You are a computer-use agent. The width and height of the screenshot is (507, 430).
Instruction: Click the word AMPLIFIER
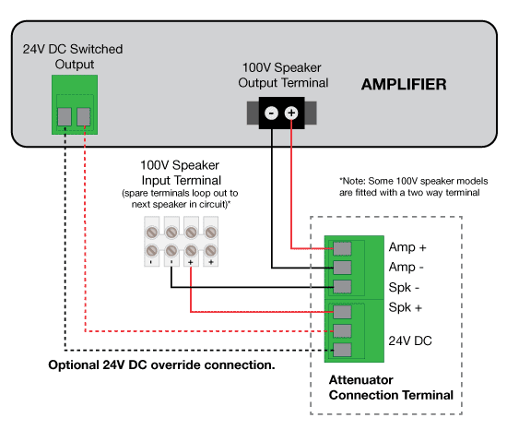pos(404,85)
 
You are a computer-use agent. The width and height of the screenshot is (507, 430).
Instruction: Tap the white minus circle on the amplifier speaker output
pos(271,113)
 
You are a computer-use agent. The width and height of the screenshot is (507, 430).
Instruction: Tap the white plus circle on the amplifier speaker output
pos(291,113)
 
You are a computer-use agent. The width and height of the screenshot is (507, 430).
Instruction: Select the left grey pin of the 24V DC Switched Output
pos(65,116)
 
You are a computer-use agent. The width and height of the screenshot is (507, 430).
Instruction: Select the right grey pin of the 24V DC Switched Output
pos(84,116)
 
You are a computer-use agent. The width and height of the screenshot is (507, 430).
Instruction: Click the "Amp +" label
pos(409,248)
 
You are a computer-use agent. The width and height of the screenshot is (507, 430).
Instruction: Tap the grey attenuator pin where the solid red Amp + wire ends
pos(342,248)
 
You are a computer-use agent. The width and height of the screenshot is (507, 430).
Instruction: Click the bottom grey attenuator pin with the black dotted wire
pos(342,350)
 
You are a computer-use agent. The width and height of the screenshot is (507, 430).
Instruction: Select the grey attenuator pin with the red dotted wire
pos(342,330)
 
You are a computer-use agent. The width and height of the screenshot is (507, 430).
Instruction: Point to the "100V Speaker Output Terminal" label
pos(281,78)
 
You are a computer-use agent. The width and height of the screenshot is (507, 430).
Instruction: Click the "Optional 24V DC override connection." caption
pos(161,365)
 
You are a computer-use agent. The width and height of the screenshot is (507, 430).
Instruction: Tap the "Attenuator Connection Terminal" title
pos(391,388)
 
